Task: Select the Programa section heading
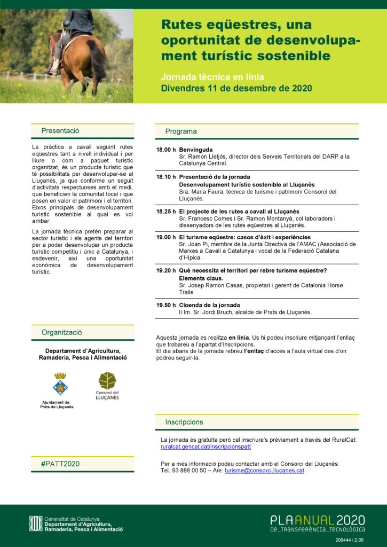(x=181, y=131)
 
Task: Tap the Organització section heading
(x=62, y=332)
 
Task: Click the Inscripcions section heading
(x=184, y=422)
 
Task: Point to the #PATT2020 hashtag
(x=60, y=464)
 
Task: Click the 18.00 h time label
(x=166, y=150)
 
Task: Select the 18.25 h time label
(x=166, y=212)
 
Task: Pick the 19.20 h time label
(x=166, y=271)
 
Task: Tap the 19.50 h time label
(x=166, y=305)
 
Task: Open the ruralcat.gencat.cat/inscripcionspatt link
(x=206, y=447)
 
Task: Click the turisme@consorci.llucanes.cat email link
(x=264, y=471)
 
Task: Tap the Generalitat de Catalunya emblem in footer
(x=36, y=523)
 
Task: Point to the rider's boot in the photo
(x=54, y=66)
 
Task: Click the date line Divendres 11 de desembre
(x=236, y=88)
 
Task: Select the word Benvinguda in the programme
(x=196, y=150)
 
